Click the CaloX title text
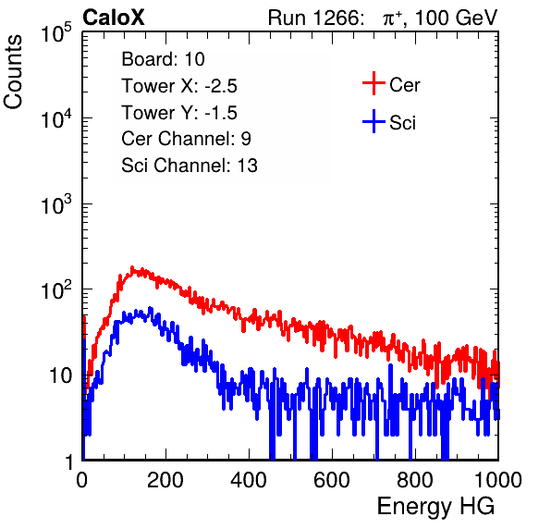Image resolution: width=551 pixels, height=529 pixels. click(114, 18)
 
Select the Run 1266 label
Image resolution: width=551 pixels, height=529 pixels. click(315, 18)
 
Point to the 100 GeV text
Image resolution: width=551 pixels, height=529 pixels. click(457, 18)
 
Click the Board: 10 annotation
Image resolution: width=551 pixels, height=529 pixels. click(163, 59)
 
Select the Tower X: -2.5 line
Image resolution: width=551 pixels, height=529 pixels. click(179, 86)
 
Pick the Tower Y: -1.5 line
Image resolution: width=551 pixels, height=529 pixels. click(179, 113)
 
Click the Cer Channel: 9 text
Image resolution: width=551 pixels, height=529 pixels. click(186, 139)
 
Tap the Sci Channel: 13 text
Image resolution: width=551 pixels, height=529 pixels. click(190, 166)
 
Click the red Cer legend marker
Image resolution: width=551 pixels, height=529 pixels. click(373, 83)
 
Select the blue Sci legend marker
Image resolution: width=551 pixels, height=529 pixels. click(373, 121)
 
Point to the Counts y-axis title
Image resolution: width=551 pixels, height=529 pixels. click(13, 72)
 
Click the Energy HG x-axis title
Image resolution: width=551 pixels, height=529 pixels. click(435, 506)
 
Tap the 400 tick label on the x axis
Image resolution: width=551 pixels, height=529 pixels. click(249, 480)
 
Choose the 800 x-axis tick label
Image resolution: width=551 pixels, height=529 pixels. click(415, 480)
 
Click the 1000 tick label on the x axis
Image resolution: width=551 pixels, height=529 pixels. click(498, 480)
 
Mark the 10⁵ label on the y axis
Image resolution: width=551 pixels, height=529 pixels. click(56, 32)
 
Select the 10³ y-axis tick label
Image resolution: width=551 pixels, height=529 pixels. click(56, 204)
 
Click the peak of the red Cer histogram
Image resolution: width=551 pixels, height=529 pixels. click(132, 267)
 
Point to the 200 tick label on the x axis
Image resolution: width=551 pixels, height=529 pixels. click(165, 480)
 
